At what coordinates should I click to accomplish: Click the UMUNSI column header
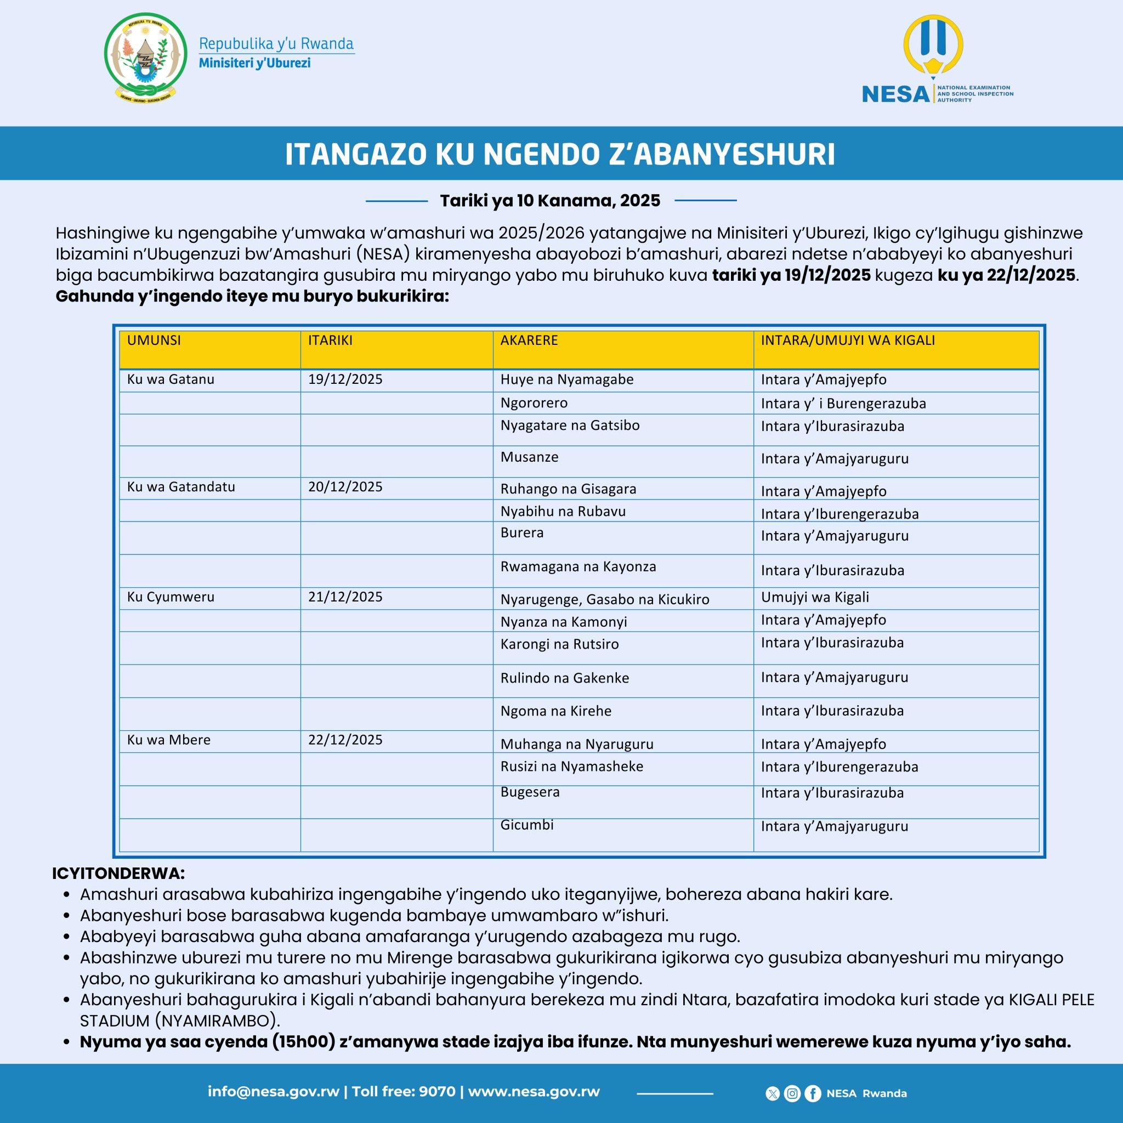(x=154, y=341)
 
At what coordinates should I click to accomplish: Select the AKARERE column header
(x=529, y=341)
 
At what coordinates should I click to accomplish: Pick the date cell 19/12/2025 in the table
(x=345, y=379)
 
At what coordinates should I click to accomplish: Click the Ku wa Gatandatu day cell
(x=182, y=487)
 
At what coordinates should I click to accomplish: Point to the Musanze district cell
(x=530, y=457)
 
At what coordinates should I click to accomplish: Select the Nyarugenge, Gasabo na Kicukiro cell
(x=604, y=599)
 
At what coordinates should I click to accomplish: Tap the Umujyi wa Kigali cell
(x=815, y=598)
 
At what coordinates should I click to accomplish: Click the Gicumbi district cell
(x=527, y=825)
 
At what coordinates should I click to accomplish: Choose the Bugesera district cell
(x=530, y=792)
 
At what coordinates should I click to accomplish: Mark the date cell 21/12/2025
(x=345, y=598)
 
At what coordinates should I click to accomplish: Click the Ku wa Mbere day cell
(x=169, y=740)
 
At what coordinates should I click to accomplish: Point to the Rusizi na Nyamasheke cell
(x=572, y=767)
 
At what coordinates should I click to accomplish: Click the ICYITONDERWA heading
(x=118, y=874)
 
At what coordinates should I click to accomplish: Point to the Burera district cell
(x=522, y=533)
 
